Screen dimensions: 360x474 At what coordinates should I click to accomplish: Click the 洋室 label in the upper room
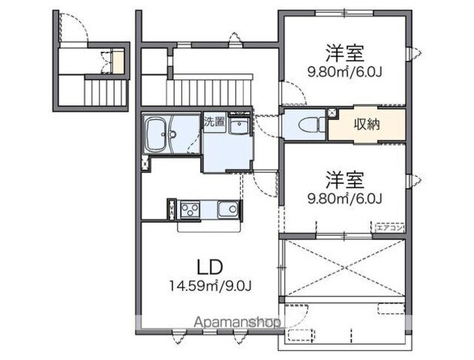pos(344,53)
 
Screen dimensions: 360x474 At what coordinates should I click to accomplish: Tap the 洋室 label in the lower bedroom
pos(344,179)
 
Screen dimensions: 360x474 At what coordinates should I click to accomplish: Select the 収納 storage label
pos(367,124)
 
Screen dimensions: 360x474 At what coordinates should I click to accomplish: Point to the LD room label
pos(210,265)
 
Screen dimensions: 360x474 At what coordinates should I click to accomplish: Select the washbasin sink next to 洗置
pos(240,127)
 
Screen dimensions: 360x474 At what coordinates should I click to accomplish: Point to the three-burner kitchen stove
pos(190,209)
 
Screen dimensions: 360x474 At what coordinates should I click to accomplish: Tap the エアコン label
pos(390,227)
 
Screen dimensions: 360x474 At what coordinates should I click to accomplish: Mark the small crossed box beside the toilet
pos(332,113)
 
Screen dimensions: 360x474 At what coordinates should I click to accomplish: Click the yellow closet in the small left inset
pos(117,60)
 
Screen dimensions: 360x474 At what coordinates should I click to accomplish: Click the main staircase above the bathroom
pos(211,90)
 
